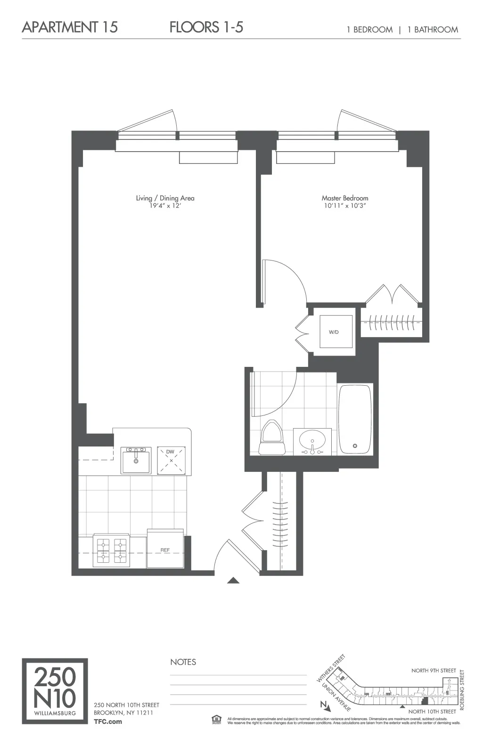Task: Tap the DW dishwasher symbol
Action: point(171,460)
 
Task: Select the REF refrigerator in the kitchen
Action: point(165,550)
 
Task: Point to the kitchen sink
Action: point(136,460)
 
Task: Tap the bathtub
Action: point(355,419)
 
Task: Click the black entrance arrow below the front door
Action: point(233,580)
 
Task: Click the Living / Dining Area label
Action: point(165,198)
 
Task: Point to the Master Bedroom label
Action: point(345,198)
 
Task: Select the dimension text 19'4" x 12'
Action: point(164,206)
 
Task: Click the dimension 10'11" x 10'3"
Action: point(345,206)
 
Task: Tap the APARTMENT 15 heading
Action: point(70,27)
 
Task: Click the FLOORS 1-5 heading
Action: point(206,27)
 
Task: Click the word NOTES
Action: point(183,662)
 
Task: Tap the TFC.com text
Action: point(108,721)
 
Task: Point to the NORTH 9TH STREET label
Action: point(434,671)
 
